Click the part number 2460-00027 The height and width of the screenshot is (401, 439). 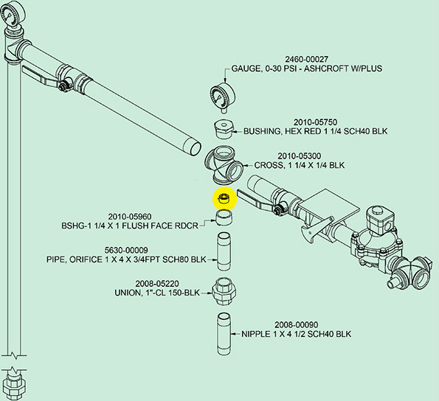point(306,59)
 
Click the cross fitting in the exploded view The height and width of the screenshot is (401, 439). point(225,166)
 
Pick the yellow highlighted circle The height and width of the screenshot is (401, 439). point(225,198)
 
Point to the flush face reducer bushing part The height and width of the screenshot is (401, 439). point(224,217)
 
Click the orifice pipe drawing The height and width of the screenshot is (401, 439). point(225,251)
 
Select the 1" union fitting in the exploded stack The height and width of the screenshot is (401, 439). point(224,293)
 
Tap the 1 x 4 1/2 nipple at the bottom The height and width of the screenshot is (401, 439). point(224,334)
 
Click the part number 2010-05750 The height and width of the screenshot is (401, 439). point(315,122)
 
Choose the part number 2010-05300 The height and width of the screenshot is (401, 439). point(300,156)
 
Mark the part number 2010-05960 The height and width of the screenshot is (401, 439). point(130,217)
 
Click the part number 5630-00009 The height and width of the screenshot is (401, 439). point(126,250)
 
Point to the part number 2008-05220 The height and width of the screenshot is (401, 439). point(157,284)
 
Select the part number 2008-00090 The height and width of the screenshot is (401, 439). point(296,325)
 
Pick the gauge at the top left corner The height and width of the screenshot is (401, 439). point(13,14)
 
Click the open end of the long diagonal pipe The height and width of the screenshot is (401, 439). point(192,148)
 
